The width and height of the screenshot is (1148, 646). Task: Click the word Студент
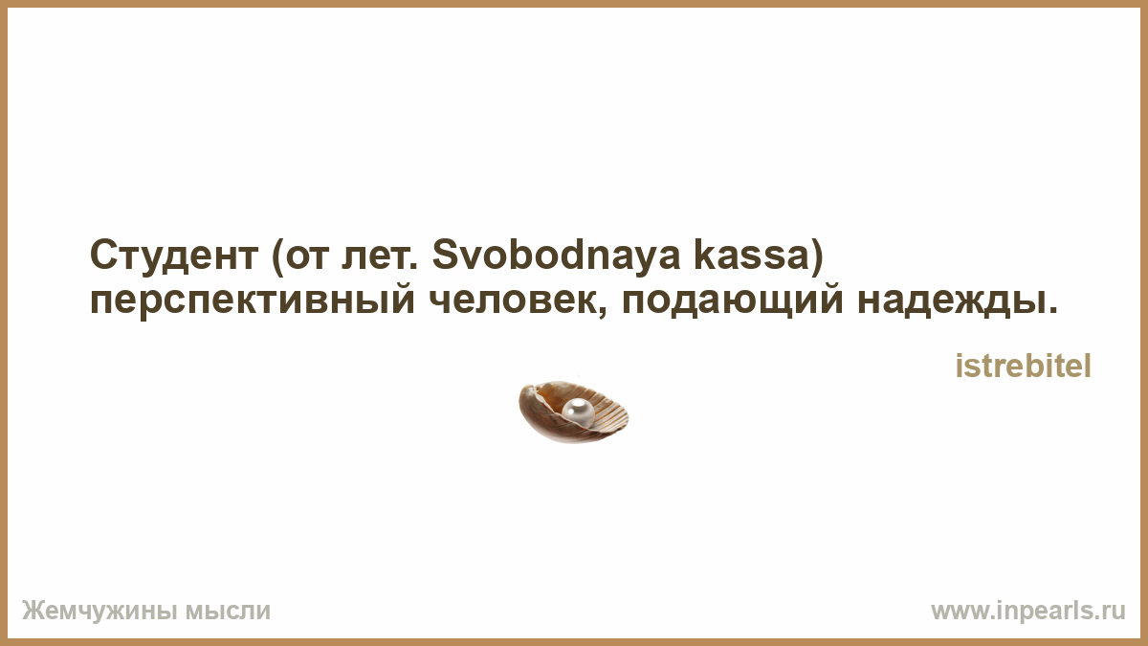(x=174, y=256)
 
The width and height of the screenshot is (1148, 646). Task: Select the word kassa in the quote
(x=751, y=255)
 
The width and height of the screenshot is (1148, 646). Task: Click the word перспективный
(x=253, y=302)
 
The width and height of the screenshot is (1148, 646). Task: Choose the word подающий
(x=733, y=301)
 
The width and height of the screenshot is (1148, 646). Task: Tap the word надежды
(x=951, y=301)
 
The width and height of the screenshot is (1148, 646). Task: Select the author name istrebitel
(x=1024, y=366)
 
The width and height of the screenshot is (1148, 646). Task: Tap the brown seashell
(x=573, y=412)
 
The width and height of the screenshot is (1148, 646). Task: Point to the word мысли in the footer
(x=228, y=612)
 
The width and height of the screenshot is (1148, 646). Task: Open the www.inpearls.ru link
(x=1028, y=612)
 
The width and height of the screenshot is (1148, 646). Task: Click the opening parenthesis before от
(x=277, y=256)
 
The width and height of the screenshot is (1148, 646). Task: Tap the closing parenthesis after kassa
(x=816, y=256)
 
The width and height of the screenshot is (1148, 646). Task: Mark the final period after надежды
(x=1053, y=310)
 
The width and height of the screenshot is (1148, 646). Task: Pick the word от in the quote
(x=307, y=256)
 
